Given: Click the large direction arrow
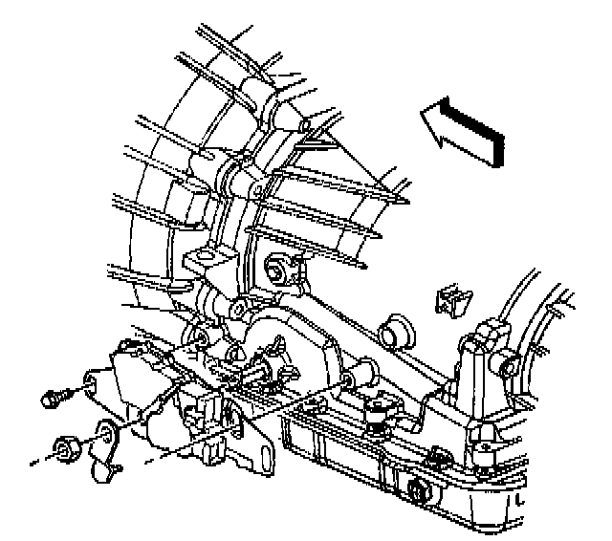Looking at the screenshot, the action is [461, 129].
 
